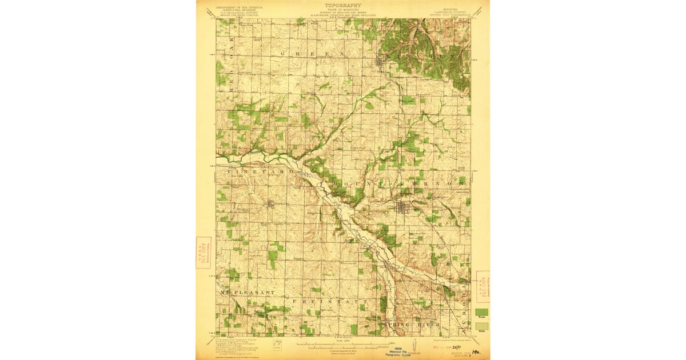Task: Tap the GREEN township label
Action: coord(313,53)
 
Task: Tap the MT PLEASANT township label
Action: coord(248,292)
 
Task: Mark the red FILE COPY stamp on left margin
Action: coord(203,253)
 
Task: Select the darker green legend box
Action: coord(482,312)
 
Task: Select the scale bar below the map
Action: coord(343,345)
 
